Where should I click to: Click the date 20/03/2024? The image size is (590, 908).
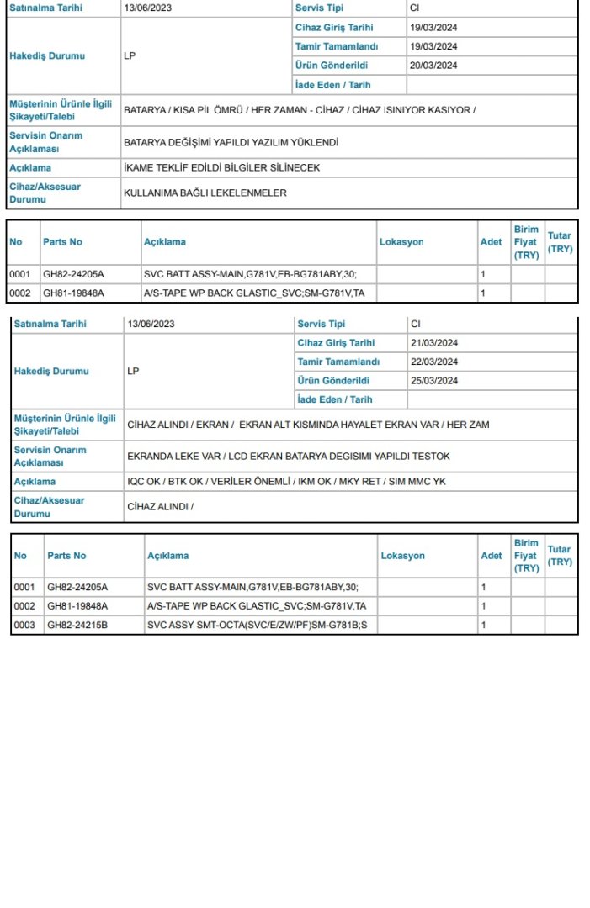coord(433,66)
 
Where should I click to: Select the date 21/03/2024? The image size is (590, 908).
coord(434,343)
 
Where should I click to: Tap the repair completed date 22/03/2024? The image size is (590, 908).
coord(434,362)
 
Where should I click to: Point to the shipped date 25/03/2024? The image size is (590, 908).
coord(434,381)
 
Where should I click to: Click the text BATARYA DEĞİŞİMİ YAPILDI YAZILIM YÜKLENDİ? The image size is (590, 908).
coord(231,143)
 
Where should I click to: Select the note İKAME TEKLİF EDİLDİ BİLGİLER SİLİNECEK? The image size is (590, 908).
coord(221,168)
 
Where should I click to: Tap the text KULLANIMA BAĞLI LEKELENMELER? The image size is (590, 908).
coord(205,193)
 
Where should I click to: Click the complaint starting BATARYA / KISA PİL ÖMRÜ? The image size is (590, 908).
coord(299,110)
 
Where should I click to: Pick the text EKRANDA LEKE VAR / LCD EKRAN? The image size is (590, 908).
coord(289,456)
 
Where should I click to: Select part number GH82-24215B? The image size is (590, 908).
coord(77,625)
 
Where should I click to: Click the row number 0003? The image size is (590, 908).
coord(24,625)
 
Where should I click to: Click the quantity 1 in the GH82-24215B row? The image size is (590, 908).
coord(483,625)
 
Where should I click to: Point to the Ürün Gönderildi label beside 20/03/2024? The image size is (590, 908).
coord(332,66)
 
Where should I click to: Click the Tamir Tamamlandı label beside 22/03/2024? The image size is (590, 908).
coord(338,362)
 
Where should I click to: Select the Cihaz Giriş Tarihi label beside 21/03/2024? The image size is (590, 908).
coord(336,343)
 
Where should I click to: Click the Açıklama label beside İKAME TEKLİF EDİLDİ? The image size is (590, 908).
coord(30,168)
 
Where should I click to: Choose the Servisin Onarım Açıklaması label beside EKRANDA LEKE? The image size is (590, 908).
coord(50,456)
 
